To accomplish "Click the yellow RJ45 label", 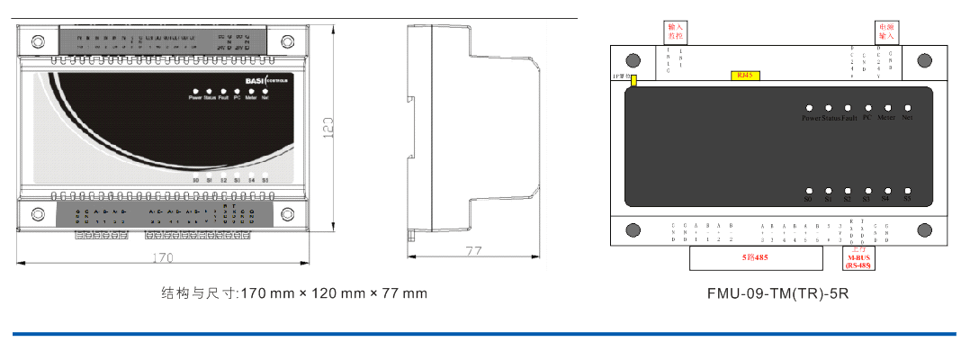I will click(x=745, y=76).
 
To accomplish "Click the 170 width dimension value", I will click(x=163, y=258).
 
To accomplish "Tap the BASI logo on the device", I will click(x=256, y=82).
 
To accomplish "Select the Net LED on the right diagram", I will click(x=907, y=107).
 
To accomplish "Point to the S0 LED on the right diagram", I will click(x=810, y=191).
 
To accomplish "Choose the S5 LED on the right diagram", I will click(x=907, y=191).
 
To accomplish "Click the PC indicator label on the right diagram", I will click(x=867, y=118).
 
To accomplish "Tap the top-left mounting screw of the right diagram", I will click(x=633, y=60).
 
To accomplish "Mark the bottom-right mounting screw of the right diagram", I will click(x=924, y=229).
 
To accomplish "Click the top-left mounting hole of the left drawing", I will click(x=38, y=41).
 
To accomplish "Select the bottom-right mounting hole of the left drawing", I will click(x=287, y=214).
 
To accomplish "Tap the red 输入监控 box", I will click(x=676, y=31).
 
